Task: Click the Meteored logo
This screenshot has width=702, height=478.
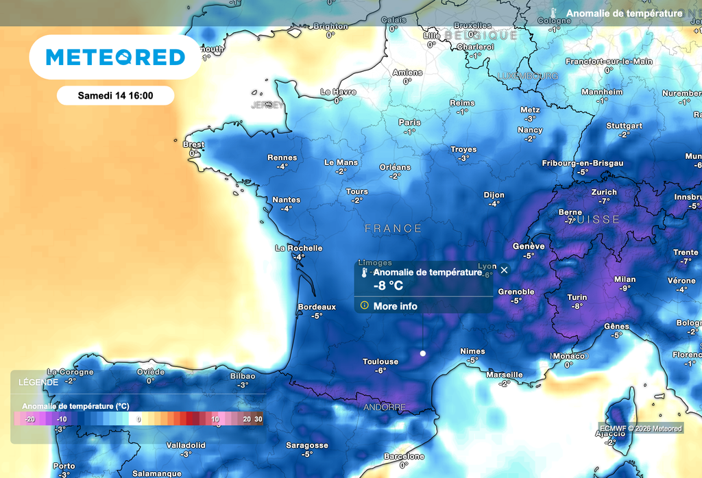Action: (x=115, y=58)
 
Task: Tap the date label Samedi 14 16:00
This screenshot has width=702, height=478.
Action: (x=115, y=96)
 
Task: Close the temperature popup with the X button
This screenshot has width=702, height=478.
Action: (x=505, y=270)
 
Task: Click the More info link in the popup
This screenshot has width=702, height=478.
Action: (x=395, y=306)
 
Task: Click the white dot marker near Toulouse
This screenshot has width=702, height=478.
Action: (x=423, y=353)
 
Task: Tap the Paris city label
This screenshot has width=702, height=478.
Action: (x=409, y=123)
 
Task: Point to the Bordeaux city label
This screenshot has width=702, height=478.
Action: (x=317, y=307)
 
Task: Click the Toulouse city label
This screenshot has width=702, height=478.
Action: (x=380, y=362)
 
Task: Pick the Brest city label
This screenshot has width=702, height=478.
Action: (x=193, y=144)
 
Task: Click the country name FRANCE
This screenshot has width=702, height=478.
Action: (x=393, y=229)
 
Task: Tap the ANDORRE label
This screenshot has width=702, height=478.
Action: (x=384, y=407)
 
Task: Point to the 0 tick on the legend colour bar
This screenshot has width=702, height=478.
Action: (x=139, y=418)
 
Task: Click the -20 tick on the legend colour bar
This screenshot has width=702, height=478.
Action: (x=29, y=418)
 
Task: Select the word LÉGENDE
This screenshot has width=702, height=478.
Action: (x=38, y=381)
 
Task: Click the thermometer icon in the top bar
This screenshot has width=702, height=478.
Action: (x=553, y=14)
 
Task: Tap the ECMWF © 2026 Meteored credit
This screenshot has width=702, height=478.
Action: (x=640, y=429)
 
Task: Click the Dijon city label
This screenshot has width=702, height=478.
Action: (x=494, y=195)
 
